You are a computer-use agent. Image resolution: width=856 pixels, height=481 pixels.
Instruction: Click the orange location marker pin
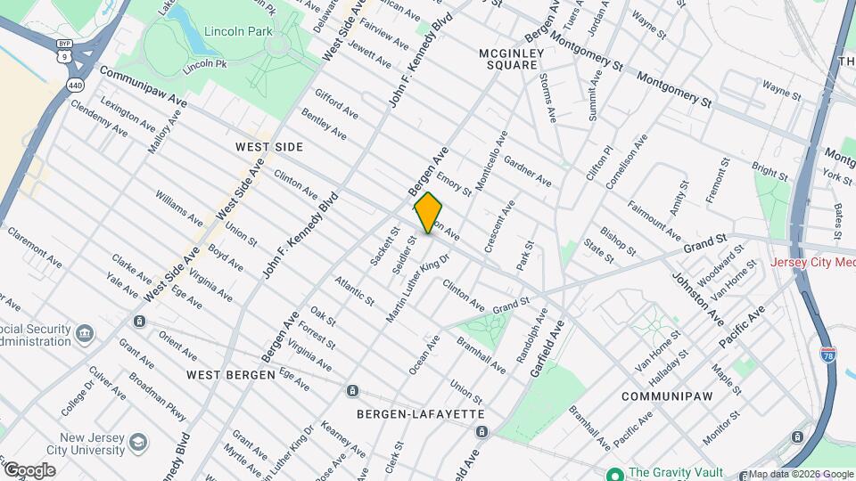(x=428, y=213)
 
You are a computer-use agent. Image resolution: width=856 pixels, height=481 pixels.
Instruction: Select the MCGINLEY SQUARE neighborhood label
(x=511, y=59)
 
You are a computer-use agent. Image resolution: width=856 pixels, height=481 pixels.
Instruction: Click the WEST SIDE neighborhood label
(x=269, y=146)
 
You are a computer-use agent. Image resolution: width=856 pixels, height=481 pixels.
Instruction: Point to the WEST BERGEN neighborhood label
(x=231, y=375)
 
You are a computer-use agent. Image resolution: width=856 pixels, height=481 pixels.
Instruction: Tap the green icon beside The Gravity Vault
(x=614, y=473)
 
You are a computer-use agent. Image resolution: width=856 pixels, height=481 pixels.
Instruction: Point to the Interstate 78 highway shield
(x=827, y=353)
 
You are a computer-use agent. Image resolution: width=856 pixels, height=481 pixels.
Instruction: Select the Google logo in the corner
(x=29, y=470)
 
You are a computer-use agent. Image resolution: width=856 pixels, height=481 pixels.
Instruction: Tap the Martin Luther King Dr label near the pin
(x=417, y=289)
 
